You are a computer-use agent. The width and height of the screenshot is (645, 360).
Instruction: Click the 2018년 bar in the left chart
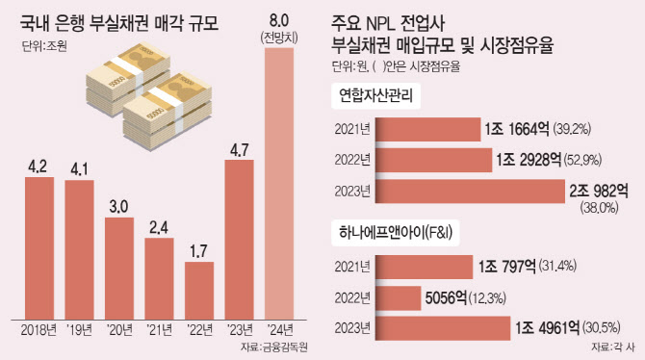[39, 248]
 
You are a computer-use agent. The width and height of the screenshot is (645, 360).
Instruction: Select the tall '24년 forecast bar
[279, 184]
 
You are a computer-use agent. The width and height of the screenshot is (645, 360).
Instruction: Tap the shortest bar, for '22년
[199, 291]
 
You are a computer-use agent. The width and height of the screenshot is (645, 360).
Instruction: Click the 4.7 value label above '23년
[239, 150]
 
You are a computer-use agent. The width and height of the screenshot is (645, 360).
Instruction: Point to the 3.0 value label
[118, 207]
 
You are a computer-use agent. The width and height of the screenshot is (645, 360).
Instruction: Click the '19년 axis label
[79, 330]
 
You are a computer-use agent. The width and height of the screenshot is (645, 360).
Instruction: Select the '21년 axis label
[159, 330]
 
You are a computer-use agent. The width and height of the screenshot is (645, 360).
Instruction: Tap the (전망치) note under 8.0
[279, 39]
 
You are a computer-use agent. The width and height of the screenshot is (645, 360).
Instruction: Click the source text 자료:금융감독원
[274, 347]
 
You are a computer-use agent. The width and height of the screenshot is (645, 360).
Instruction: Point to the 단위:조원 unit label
[44, 46]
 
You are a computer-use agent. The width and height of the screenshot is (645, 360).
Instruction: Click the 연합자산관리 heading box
[375, 96]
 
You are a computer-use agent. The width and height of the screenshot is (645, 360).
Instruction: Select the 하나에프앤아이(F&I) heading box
[396, 233]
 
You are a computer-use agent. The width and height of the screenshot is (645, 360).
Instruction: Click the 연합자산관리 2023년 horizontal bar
[470, 192]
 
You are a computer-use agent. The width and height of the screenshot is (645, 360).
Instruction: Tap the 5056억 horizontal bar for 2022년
[398, 297]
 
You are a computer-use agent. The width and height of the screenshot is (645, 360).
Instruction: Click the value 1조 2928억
[529, 160]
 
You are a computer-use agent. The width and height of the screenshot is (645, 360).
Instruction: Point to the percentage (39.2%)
[572, 129]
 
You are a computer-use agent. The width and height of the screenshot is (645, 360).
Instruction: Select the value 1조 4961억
[547, 328]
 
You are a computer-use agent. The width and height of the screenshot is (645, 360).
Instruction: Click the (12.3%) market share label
[487, 297]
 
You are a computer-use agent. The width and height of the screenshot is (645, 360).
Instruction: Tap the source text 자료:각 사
[613, 347]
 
